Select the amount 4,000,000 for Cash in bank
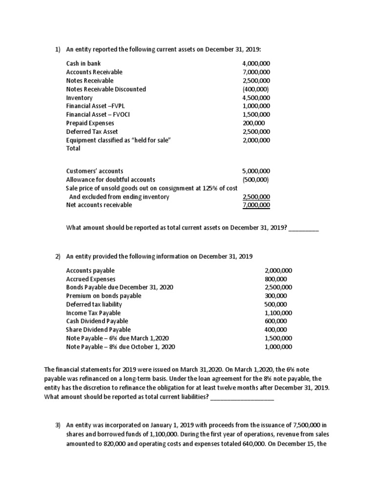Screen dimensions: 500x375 coord(256,63)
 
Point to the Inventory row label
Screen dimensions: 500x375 coord(79,98)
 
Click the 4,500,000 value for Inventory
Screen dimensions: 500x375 coord(256,98)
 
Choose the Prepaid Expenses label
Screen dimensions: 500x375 coord(90,123)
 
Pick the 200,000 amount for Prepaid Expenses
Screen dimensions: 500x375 coord(251,123)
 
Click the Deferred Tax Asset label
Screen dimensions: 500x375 coord(92,132)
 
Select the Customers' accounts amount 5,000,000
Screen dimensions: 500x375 coord(256,171)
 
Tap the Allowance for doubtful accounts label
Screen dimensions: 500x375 coord(110,180)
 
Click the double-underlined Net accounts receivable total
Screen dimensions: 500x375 coord(256,205)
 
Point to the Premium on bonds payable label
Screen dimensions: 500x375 coord(104,295)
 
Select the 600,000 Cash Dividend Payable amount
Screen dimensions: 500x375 coord(276,321)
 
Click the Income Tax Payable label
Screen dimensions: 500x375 coord(93,312)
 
